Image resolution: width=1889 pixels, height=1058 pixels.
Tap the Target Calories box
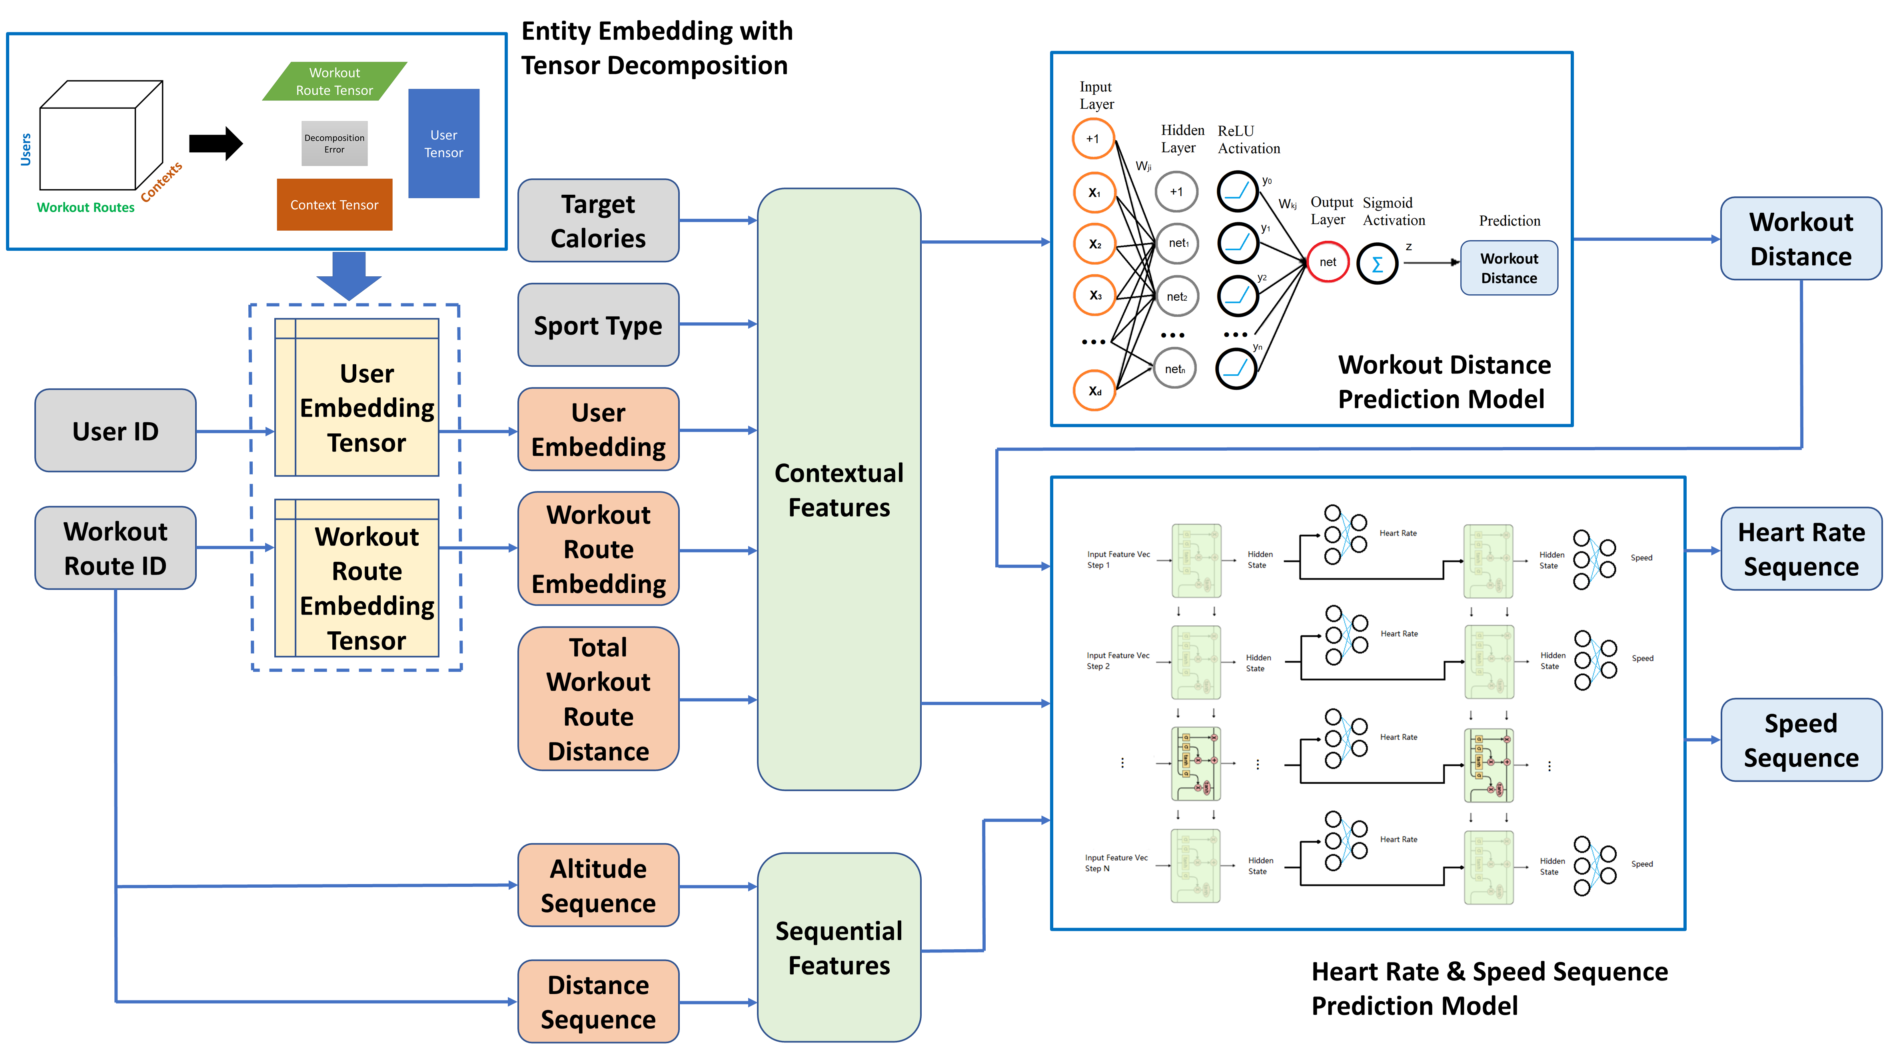pos(598,221)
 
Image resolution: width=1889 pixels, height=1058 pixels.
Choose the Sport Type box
pos(598,325)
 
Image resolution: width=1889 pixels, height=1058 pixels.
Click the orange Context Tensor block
pos(334,205)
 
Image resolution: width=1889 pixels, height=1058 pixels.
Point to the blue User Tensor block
pos(443,144)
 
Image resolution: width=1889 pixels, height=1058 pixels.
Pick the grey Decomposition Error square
pos(334,144)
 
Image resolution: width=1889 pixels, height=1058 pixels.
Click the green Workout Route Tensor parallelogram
pos(334,82)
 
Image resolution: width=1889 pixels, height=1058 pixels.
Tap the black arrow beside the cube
pos(215,144)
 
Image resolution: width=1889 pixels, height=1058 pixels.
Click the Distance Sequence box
pos(598,1002)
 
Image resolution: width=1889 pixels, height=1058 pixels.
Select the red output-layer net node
pos(1327,262)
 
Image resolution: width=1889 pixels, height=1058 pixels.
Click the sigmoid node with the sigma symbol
pos(1377,264)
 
